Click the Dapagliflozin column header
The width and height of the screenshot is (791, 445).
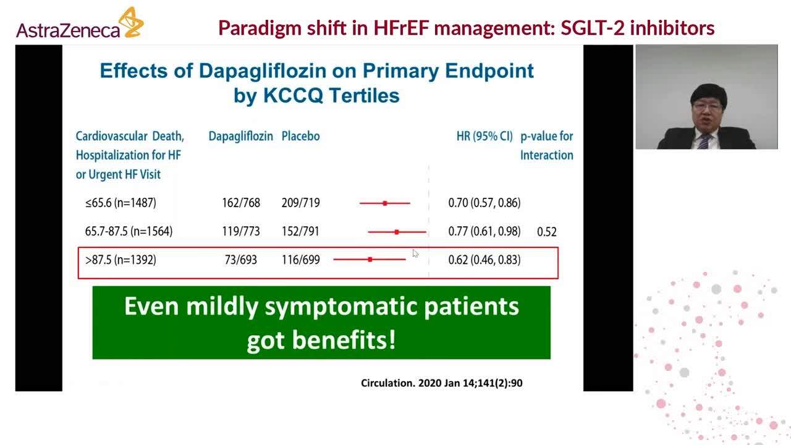click(x=240, y=136)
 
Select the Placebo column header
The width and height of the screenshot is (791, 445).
click(x=300, y=136)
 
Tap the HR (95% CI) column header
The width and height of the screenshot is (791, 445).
click(x=484, y=136)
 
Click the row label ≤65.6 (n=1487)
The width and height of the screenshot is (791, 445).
click(x=121, y=203)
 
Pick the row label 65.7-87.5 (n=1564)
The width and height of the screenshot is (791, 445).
click(x=129, y=231)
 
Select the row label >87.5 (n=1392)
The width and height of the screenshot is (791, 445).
click(x=121, y=260)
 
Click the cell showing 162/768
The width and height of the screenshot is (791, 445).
click(x=241, y=203)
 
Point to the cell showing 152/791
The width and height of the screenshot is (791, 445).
click(x=301, y=231)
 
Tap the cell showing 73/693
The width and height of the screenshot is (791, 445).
click(x=241, y=260)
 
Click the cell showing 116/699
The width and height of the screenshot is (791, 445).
click(x=301, y=260)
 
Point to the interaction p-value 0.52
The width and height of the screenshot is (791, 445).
click(x=546, y=232)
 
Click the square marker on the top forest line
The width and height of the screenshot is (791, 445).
click(x=385, y=203)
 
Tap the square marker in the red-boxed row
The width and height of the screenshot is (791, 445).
click(x=370, y=260)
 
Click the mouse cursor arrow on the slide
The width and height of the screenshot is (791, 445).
click(x=415, y=253)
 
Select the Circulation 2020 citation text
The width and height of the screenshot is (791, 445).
click(x=441, y=383)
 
